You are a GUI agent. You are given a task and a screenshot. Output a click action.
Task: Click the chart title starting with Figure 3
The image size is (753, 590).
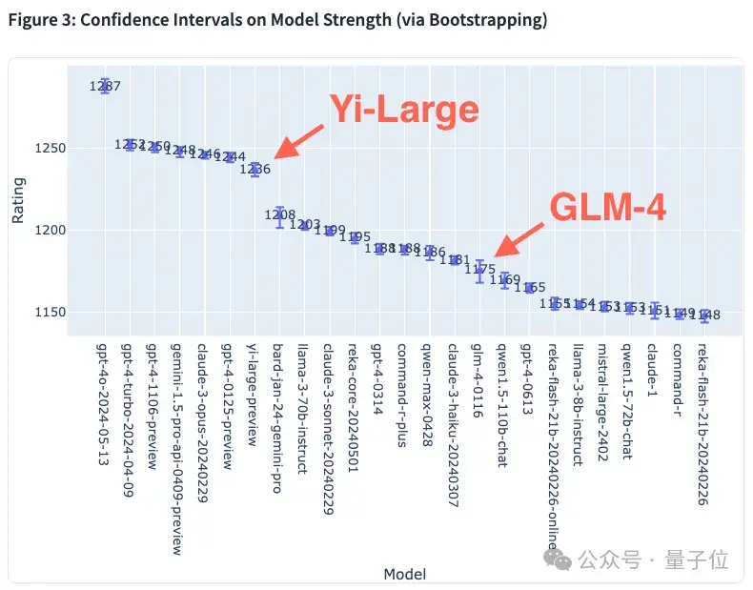pyautogui.click(x=277, y=20)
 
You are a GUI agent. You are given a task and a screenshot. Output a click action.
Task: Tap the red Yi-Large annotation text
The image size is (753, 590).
pyautogui.click(x=403, y=111)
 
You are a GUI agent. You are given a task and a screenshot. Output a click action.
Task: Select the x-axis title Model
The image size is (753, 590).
pyautogui.click(x=404, y=574)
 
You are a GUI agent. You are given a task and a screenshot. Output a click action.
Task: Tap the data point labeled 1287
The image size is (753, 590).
pyautogui.click(x=106, y=86)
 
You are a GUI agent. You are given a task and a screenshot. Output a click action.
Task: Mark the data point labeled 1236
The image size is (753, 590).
pyautogui.click(x=255, y=169)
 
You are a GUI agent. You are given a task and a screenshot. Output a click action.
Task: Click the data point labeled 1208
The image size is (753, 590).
pyautogui.click(x=280, y=216)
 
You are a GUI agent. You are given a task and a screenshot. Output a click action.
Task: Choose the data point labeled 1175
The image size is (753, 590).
pyautogui.click(x=480, y=270)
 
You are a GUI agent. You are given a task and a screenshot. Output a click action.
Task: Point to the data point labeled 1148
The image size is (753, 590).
pyautogui.click(x=704, y=315)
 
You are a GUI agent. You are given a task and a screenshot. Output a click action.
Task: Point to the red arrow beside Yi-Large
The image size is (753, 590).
pyautogui.click(x=298, y=142)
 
